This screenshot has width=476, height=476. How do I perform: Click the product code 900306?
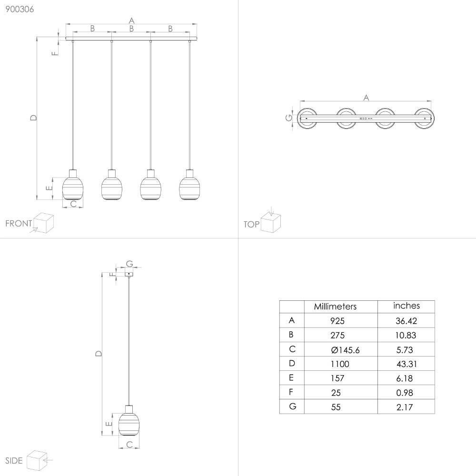[x=17, y=9]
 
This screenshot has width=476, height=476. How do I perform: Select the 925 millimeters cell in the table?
[x=337, y=321]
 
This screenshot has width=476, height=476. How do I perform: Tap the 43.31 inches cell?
[x=406, y=364]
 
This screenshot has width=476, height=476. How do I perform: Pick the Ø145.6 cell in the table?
[x=345, y=350]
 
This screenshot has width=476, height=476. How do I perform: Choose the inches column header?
[x=407, y=306]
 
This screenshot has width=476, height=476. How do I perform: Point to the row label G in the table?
[x=292, y=407]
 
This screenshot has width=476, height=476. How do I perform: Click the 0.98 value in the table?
[x=404, y=393]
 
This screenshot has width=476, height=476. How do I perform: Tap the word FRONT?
[x=19, y=224]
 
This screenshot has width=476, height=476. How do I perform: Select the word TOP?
[x=251, y=224]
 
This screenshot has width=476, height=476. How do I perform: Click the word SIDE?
[x=14, y=460]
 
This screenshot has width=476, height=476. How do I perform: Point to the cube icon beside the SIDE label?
[x=36, y=460]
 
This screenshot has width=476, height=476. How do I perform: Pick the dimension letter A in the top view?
[x=366, y=98]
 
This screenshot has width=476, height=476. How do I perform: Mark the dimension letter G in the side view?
[x=129, y=264]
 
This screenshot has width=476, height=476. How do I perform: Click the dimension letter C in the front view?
[x=73, y=204]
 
